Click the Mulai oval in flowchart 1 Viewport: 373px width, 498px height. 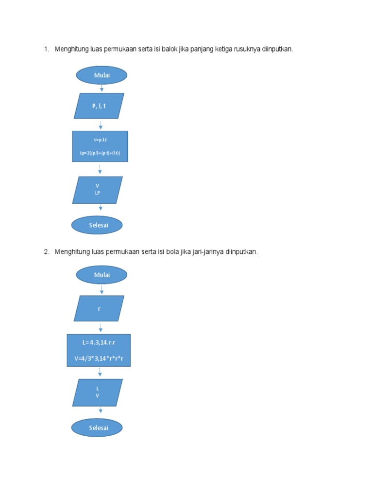pos(102,75)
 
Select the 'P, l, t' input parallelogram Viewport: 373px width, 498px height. pos(99,106)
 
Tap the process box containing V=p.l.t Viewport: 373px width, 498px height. pos(100,146)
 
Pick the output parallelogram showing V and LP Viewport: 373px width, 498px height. pos(98,190)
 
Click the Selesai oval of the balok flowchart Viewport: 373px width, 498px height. pos(97,225)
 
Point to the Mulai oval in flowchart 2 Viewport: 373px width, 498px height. pos(102,275)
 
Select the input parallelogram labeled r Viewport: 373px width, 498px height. pos(99,308)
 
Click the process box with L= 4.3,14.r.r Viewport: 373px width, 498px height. pos(99,350)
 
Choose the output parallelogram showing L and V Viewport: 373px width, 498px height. pos(98,392)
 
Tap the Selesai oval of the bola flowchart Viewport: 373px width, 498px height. pos(97,428)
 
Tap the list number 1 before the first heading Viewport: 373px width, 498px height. pos(46,49)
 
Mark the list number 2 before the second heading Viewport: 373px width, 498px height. pos(46,252)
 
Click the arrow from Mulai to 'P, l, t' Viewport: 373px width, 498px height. pos(102,89)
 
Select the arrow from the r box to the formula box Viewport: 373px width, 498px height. pos(100,327)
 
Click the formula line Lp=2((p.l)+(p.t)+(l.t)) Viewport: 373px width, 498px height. pos(100,153)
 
